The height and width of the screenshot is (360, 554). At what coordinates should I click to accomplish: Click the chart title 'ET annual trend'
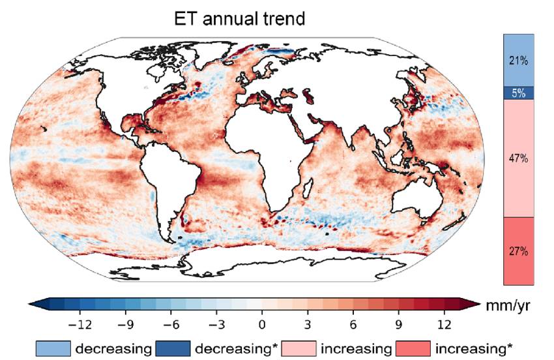(x=240, y=19)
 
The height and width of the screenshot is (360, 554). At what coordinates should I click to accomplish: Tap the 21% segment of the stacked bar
(x=519, y=61)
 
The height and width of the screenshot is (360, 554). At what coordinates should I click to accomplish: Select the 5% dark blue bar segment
(x=519, y=93)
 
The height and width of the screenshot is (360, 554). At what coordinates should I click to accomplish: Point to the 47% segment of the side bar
(x=519, y=158)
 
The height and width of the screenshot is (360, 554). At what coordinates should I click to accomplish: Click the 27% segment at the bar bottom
(x=519, y=251)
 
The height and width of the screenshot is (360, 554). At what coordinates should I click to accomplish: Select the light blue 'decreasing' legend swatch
(x=53, y=347)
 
